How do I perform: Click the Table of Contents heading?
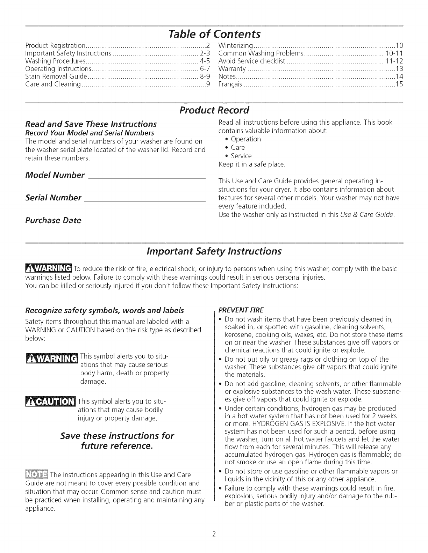214,34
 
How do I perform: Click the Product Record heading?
214,110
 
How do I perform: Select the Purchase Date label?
53,220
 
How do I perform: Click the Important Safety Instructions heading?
214,251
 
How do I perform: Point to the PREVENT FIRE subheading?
241,310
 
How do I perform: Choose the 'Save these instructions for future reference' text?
117,441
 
